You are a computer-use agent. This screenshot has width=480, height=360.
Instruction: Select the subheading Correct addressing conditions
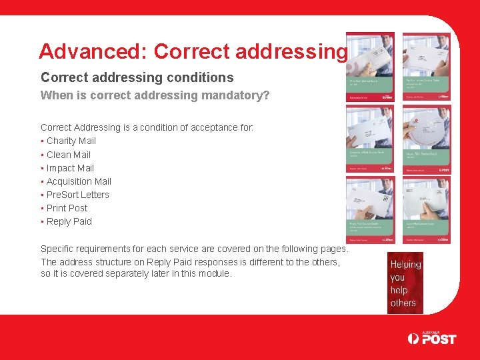pyautogui.click(x=137, y=77)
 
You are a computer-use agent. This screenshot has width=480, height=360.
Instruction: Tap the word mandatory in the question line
pyautogui.click(x=232, y=95)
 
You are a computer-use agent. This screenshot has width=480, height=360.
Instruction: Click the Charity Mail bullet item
pyautogui.click(x=71, y=141)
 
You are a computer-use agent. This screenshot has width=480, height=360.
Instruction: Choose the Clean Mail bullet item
pyautogui.click(x=68, y=155)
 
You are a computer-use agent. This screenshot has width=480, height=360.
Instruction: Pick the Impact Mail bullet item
pyautogui.click(x=70, y=168)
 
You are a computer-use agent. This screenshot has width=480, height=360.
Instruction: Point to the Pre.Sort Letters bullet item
pyautogui.click(x=77, y=195)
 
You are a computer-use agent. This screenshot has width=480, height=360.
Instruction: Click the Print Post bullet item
pyautogui.click(x=67, y=208)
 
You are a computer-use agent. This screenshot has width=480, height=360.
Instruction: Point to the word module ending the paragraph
pyautogui.click(x=214, y=274)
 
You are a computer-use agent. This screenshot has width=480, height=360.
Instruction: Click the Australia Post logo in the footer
pyautogui.click(x=432, y=337)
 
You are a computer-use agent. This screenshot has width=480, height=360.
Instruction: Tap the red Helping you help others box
pyautogui.click(x=405, y=283)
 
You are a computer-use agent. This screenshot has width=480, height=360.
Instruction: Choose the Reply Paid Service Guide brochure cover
pyautogui.click(x=370, y=210)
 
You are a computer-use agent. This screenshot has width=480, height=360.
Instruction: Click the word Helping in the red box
pyautogui.click(x=405, y=265)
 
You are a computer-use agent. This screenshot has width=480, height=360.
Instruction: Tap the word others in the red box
pyautogui.click(x=403, y=303)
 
